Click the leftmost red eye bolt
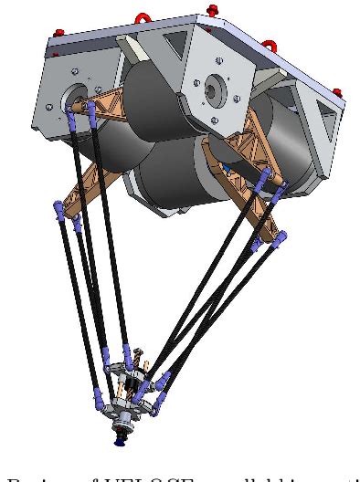tap(59, 33)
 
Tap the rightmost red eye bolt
tap(336, 92)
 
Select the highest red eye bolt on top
tap(212, 11)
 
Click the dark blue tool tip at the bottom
tap(120, 442)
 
